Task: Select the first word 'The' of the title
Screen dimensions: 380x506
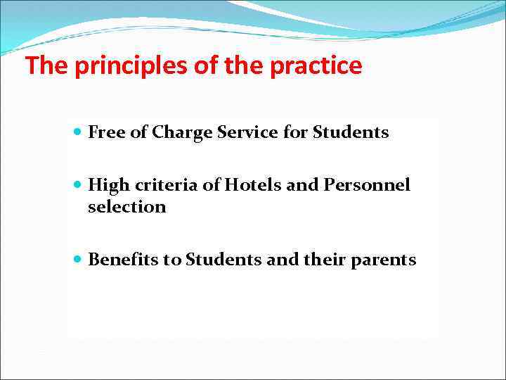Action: click(x=46, y=66)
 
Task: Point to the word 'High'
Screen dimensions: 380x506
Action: click(x=105, y=185)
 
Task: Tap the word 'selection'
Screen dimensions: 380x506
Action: click(x=126, y=207)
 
